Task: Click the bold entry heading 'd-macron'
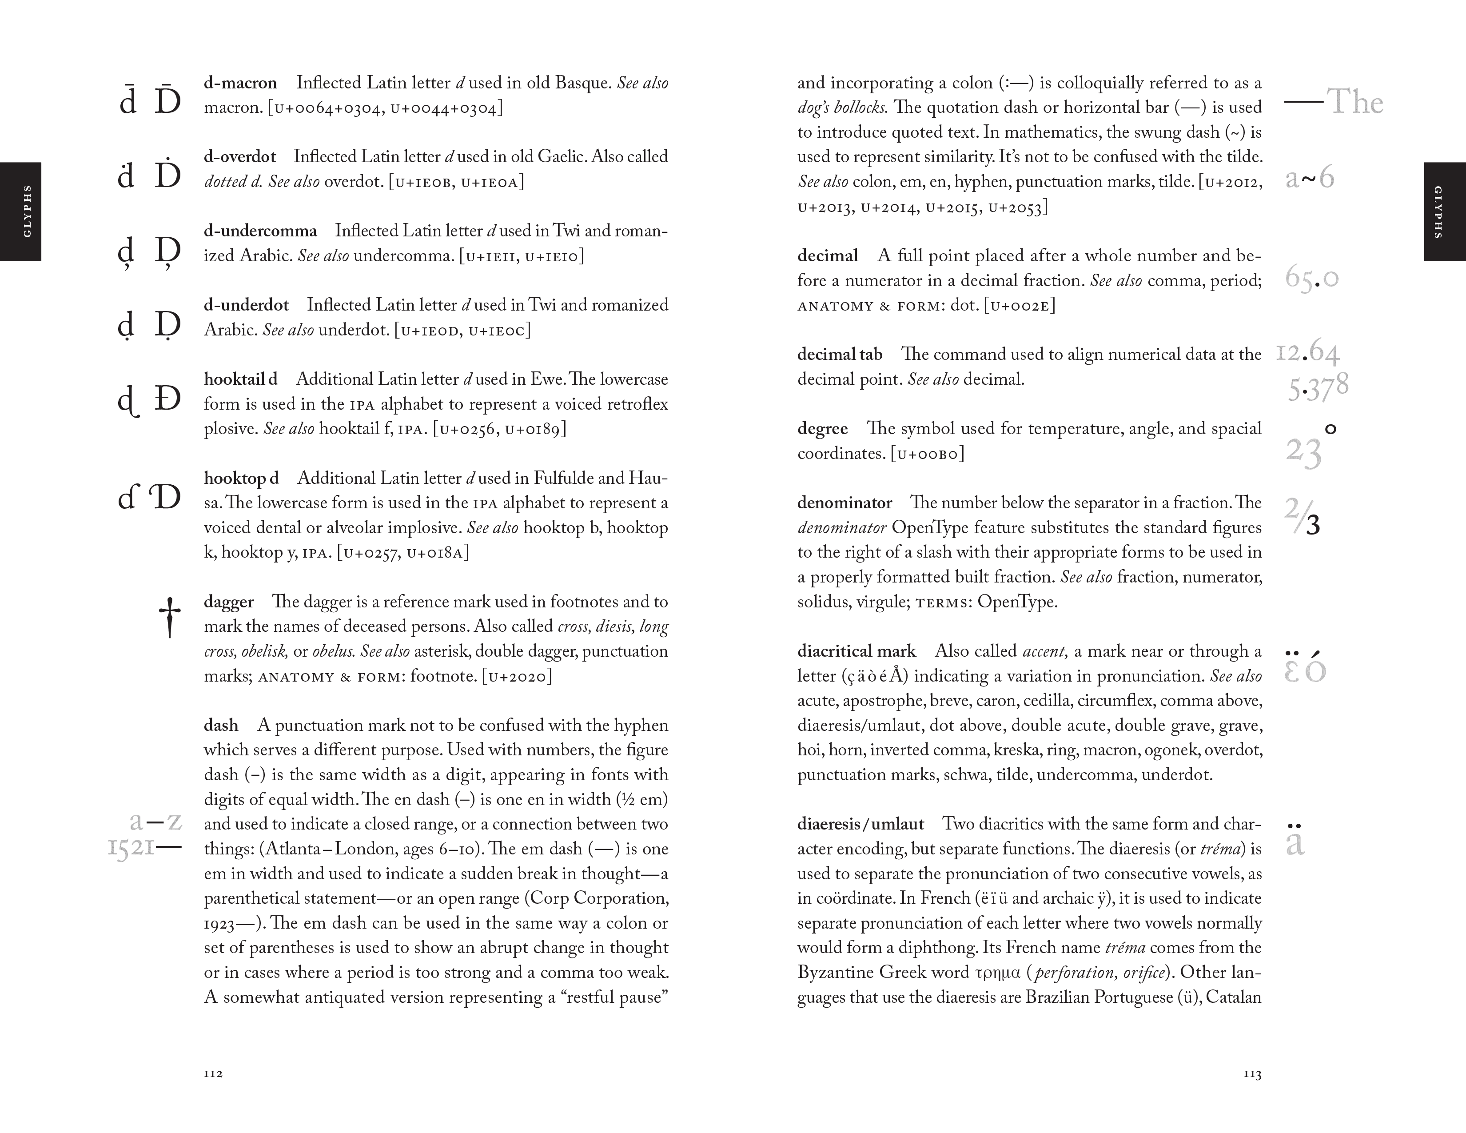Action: (240, 83)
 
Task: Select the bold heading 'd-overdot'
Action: (239, 157)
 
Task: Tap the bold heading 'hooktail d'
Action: (240, 379)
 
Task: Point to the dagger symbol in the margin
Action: (170, 617)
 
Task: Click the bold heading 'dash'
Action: (221, 726)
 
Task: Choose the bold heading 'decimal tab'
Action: (840, 355)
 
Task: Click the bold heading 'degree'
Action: (822, 429)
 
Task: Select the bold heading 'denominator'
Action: (845, 503)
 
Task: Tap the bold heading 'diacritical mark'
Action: (856, 651)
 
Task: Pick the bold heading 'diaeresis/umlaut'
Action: (860, 824)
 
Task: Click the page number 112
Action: (213, 1073)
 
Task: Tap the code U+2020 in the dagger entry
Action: (517, 677)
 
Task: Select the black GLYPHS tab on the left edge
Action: (21, 211)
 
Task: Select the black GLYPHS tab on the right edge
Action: (1445, 211)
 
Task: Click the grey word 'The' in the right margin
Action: (1355, 103)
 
